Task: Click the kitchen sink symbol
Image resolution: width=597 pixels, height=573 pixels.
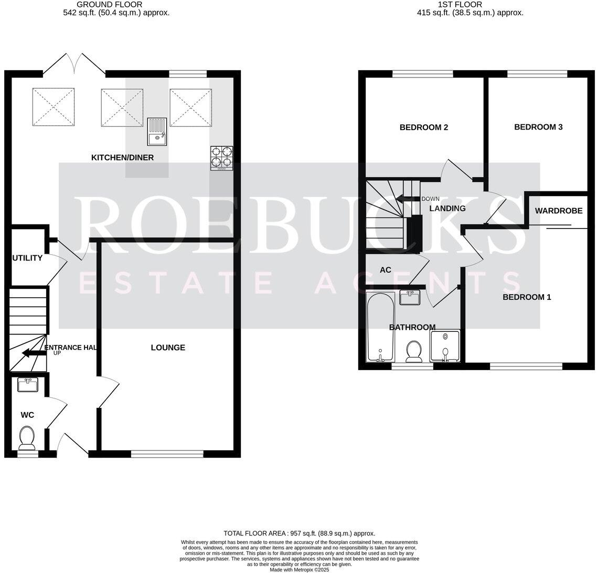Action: pyautogui.click(x=156, y=132)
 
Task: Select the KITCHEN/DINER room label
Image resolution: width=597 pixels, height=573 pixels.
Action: pyautogui.click(x=123, y=157)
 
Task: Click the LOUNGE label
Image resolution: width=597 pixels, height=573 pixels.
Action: pyautogui.click(x=168, y=348)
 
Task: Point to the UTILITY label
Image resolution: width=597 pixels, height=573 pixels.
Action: pyautogui.click(x=27, y=258)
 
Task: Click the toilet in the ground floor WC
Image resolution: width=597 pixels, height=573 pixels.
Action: pyautogui.click(x=26, y=438)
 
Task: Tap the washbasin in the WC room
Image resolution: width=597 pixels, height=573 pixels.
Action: pyautogui.click(x=27, y=385)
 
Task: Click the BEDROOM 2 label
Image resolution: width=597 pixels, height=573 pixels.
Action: pyautogui.click(x=423, y=127)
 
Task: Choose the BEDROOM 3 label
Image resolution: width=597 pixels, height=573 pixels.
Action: pyautogui.click(x=538, y=127)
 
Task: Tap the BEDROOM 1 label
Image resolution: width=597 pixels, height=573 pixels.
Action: pyautogui.click(x=527, y=297)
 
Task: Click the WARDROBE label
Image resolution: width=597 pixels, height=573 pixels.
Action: pyautogui.click(x=559, y=211)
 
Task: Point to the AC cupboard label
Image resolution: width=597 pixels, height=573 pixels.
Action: pyautogui.click(x=386, y=270)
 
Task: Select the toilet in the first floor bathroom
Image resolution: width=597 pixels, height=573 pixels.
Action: pyautogui.click(x=414, y=351)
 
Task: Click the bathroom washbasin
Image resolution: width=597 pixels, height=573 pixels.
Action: pyautogui.click(x=409, y=298)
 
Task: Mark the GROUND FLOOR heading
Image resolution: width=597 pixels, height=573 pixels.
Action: pyautogui.click(x=109, y=4)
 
